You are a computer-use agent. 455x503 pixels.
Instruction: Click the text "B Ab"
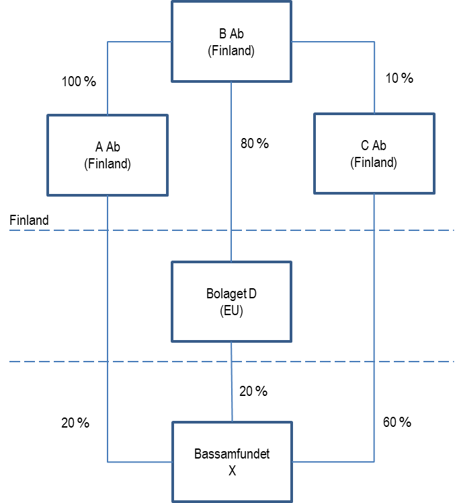[x=231, y=34]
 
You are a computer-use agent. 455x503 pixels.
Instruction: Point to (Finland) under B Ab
[x=231, y=51]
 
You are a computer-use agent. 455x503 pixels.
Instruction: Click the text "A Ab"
[x=108, y=147]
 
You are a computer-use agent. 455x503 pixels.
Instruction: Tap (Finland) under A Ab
[x=108, y=164]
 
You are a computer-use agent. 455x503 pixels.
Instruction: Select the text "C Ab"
[x=374, y=145]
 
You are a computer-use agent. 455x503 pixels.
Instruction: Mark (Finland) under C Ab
[x=374, y=162]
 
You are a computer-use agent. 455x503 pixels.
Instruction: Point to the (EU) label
[x=231, y=311]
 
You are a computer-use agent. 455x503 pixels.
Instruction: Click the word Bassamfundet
[x=232, y=454]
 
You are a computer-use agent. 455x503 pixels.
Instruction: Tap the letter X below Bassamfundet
[x=232, y=471]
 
